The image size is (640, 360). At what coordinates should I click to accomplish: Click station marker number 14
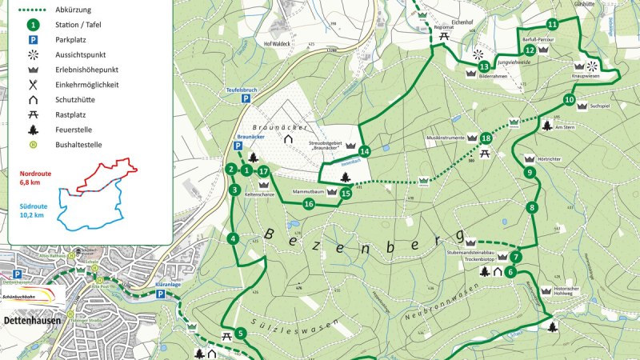pos(365,151)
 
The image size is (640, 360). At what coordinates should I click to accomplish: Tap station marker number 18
pos(486,138)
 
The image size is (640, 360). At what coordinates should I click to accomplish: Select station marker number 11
pos(552,24)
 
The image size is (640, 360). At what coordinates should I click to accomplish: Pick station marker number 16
pos(309,204)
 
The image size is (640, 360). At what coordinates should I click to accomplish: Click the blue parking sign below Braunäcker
pos(238,146)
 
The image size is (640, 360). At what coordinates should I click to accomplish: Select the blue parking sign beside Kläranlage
pos(161,294)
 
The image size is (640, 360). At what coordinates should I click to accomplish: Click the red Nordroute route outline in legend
pos(104,177)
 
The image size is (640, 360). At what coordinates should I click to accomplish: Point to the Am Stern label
pos(564,127)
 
